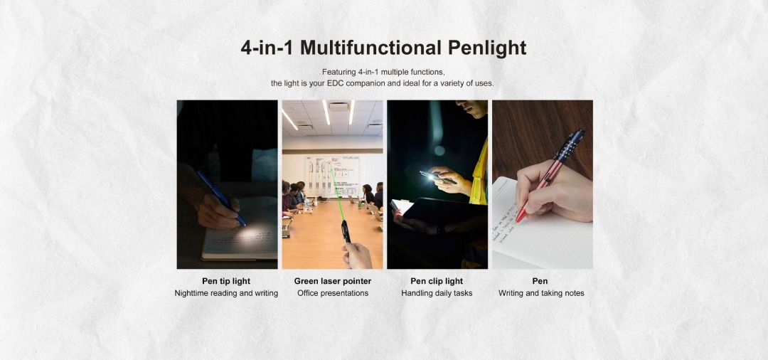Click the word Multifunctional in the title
(370, 48)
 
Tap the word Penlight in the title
(487, 48)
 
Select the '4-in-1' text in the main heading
(267, 48)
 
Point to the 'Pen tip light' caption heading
(226, 281)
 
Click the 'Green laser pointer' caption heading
(333, 281)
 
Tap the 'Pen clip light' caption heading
(437, 281)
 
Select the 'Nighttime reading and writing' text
(226, 293)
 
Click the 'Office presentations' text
(333, 293)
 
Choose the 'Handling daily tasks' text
(437, 293)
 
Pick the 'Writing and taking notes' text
(541, 293)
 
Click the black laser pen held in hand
(346, 231)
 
